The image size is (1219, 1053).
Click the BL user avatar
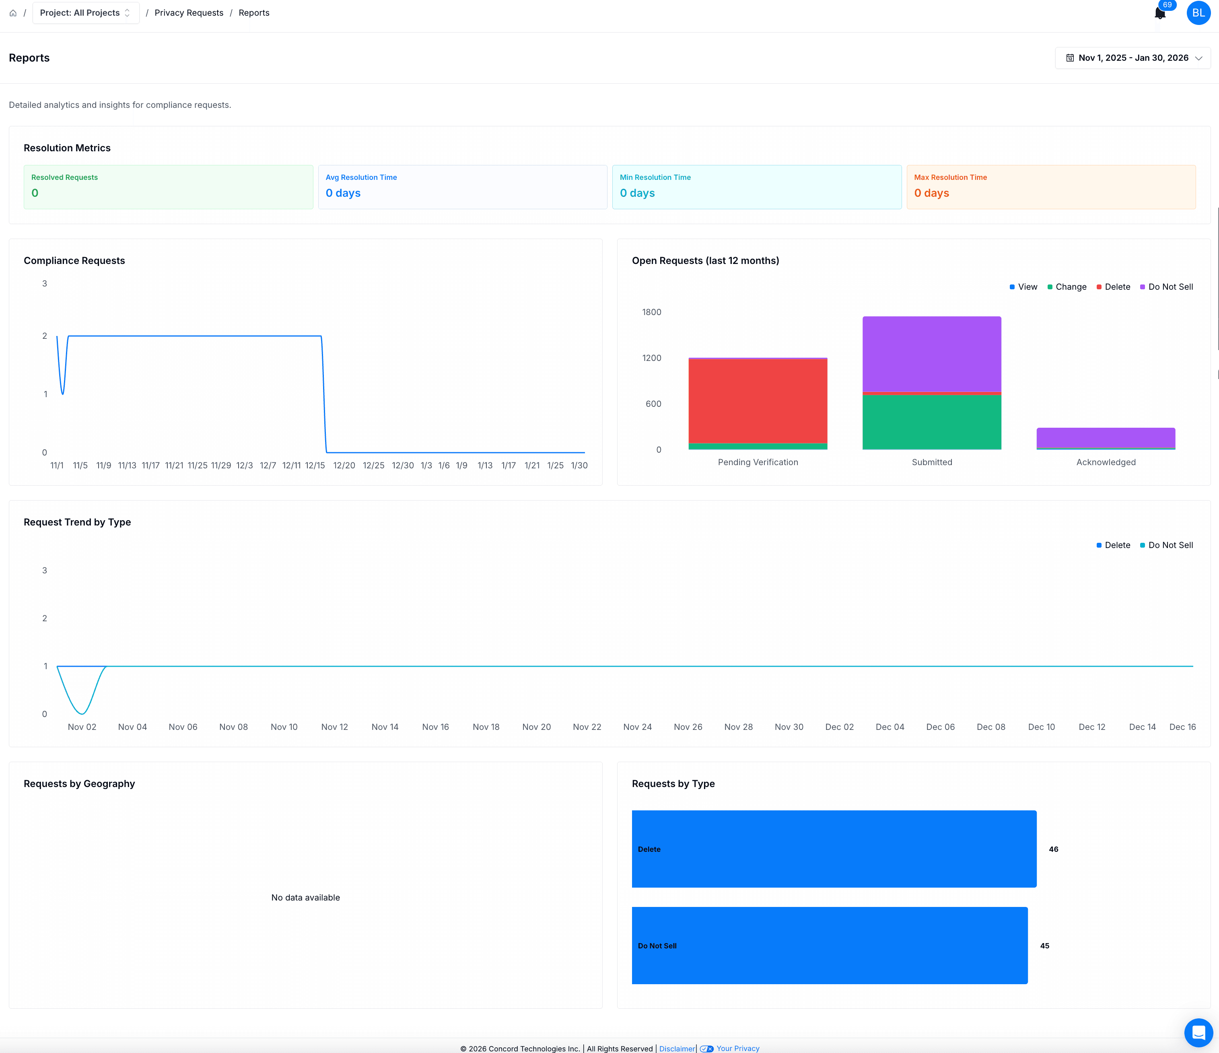point(1198,13)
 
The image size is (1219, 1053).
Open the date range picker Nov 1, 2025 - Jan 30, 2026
point(1133,58)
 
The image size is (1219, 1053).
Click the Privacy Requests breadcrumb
point(189,13)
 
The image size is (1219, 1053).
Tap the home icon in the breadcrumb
point(13,13)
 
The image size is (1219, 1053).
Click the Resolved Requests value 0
point(35,193)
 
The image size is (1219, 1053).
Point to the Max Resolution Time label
point(950,177)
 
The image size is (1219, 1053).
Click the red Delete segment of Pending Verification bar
point(758,401)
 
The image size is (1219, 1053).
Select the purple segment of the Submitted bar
point(932,354)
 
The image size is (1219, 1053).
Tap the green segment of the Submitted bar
point(932,422)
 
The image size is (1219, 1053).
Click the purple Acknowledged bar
point(1106,438)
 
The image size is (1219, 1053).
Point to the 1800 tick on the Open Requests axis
point(651,312)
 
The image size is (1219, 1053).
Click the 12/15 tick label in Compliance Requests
point(315,465)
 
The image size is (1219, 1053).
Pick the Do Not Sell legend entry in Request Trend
point(1167,545)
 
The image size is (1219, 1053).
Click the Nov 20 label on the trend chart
point(537,727)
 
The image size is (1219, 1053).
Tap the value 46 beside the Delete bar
point(1054,849)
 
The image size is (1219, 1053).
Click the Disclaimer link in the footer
point(677,1048)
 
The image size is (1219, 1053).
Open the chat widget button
point(1198,1032)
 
